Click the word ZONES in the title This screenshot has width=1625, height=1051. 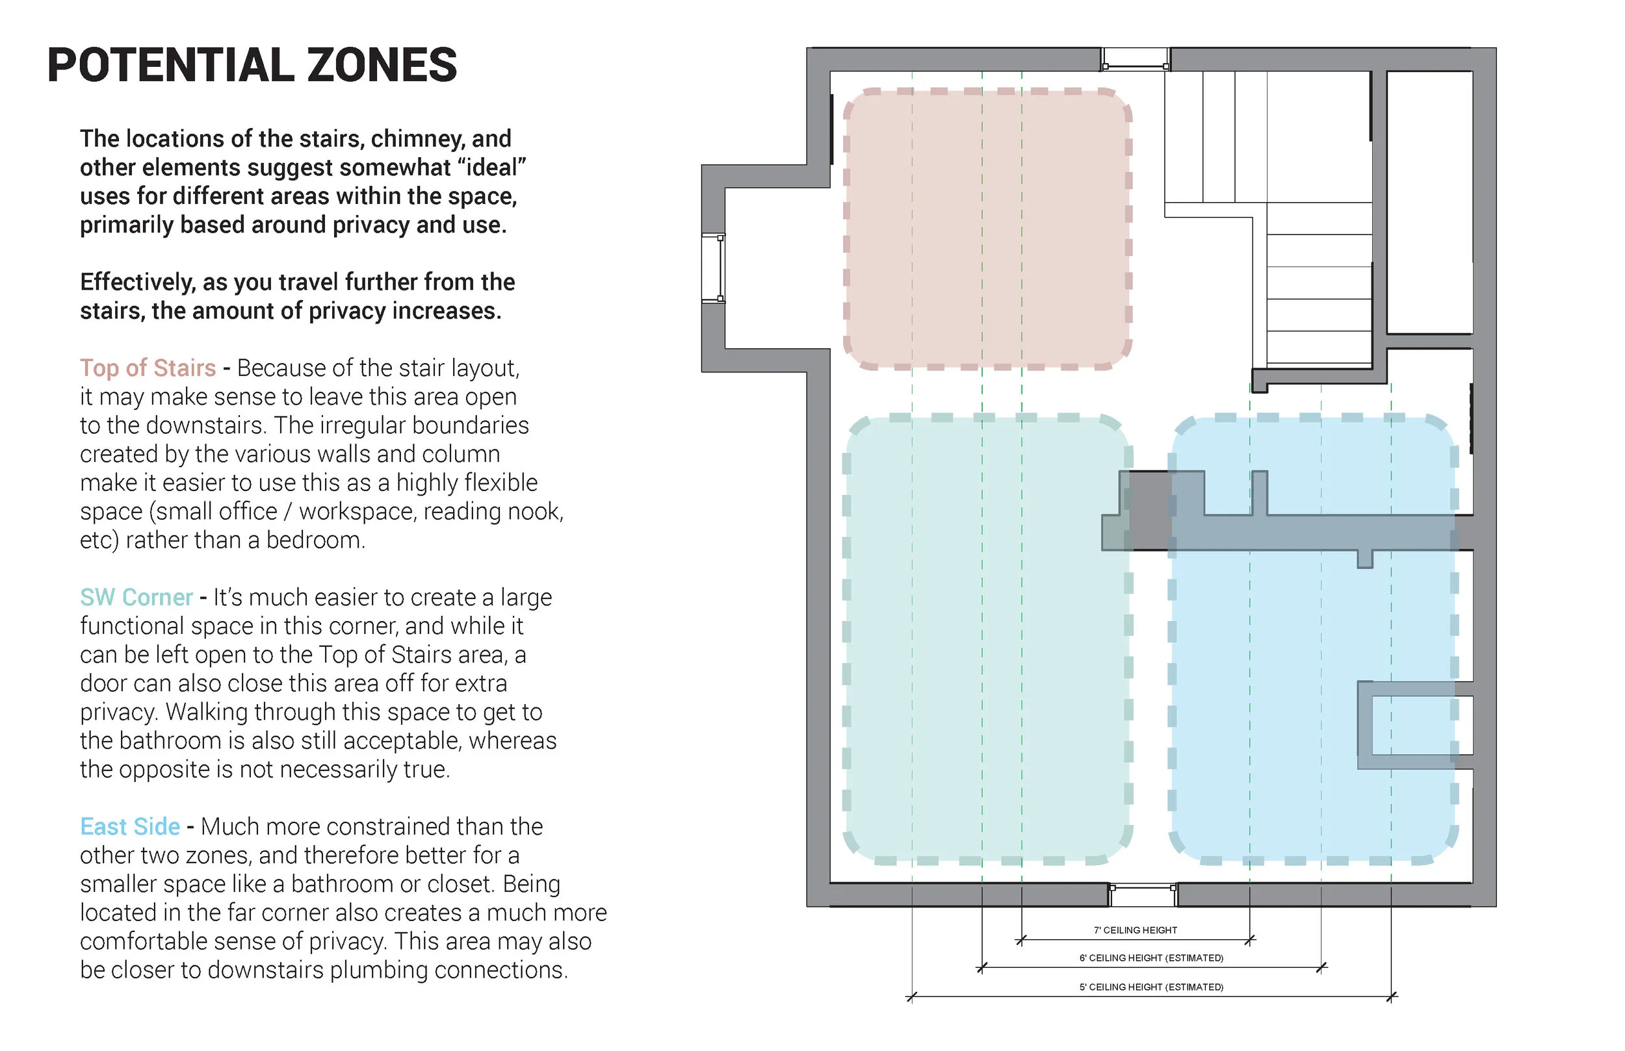point(381,66)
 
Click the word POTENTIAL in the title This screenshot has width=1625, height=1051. point(170,66)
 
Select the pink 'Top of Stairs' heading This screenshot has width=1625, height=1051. point(148,368)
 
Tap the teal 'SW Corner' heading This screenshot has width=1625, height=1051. point(136,597)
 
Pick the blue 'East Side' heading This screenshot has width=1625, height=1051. point(130,826)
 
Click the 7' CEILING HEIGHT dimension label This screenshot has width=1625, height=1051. point(1135,930)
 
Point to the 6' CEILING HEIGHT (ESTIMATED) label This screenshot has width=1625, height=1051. point(1150,958)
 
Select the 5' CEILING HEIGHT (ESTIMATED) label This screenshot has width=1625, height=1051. point(1150,987)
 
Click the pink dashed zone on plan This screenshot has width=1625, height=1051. point(987,229)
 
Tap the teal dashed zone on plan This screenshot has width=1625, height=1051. point(987,638)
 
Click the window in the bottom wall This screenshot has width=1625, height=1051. point(1142,894)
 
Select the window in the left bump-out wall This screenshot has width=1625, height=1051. point(714,268)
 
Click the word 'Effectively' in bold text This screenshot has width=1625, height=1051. point(137,283)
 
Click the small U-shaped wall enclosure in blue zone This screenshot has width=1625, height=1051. point(1413,725)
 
